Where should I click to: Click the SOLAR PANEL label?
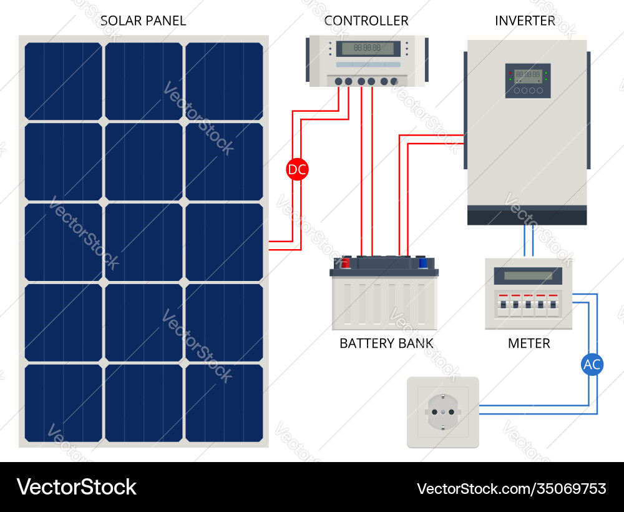[143, 21]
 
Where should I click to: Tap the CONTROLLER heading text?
[366, 21]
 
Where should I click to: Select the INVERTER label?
[525, 21]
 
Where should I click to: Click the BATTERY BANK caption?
[386, 343]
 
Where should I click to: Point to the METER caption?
[529, 343]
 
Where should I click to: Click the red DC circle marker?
[297, 169]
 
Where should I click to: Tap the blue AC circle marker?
[592, 365]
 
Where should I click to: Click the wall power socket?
[442, 412]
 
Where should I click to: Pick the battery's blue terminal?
[423, 263]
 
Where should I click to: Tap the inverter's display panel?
[528, 81]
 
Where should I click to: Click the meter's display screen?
[528, 275]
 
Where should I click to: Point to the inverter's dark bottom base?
[527, 216]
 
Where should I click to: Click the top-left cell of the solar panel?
[63, 81]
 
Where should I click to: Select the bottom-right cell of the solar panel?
[224, 403]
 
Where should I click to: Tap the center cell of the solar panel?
[144, 242]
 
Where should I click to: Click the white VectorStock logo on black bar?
[77, 487]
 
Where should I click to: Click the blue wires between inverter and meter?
[529, 241]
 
